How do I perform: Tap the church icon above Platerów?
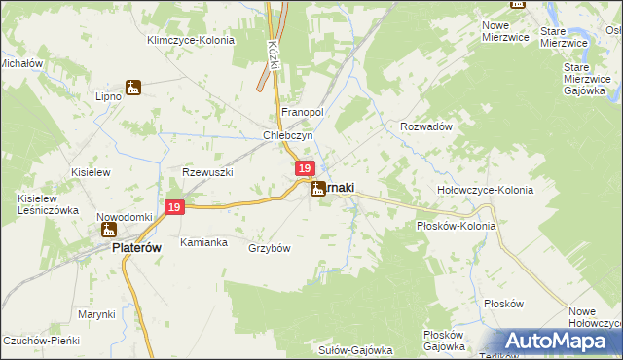(x=107, y=231)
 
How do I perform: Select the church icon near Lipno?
(x=133, y=89)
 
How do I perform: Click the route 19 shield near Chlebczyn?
(x=305, y=169)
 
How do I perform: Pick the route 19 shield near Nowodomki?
(x=174, y=207)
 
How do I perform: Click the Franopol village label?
(x=302, y=113)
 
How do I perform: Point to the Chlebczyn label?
(x=287, y=136)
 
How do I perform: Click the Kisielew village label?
(x=92, y=171)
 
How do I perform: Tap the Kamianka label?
(x=203, y=241)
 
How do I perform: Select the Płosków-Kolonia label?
(x=456, y=226)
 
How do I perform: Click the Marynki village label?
(x=96, y=314)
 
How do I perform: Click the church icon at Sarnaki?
(x=318, y=190)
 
